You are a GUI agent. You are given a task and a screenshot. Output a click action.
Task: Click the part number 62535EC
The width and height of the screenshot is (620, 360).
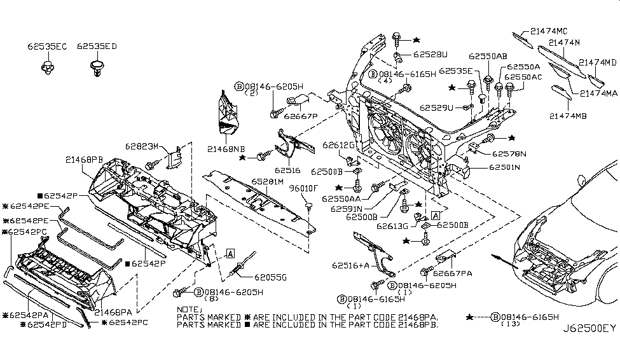point(46,46)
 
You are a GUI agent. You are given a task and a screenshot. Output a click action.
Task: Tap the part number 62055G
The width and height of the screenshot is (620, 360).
point(270,277)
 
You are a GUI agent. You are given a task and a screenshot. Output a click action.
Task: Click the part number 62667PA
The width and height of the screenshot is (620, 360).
point(453,273)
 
